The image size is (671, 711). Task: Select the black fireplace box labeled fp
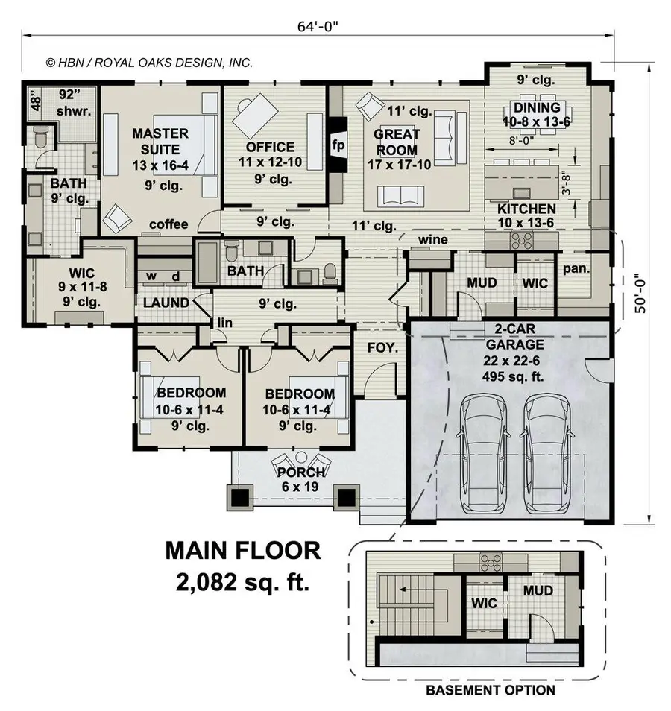[x=338, y=145]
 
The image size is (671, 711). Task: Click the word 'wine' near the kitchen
[x=433, y=240]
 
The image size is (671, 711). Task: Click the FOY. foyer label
[x=381, y=347]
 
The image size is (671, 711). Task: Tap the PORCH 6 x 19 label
[x=301, y=479]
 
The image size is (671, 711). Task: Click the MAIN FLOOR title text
[x=243, y=551]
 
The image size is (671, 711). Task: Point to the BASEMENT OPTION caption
[x=490, y=689]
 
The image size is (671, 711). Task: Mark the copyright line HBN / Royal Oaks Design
[x=149, y=63]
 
